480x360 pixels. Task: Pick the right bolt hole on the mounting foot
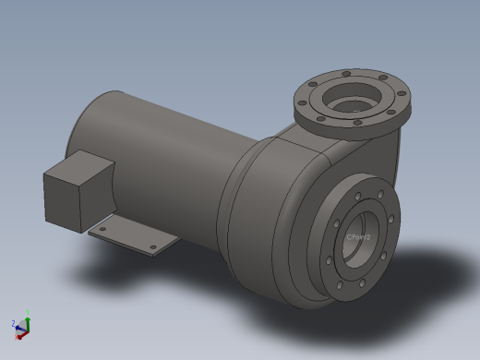click(x=153, y=246)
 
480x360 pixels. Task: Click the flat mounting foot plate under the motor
click(x=129, y=237)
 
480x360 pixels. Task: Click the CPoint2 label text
click(x=358, y=237)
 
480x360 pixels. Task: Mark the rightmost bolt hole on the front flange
click(x=392, y=219)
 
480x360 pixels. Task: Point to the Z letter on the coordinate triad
click(x=13, y=324)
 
